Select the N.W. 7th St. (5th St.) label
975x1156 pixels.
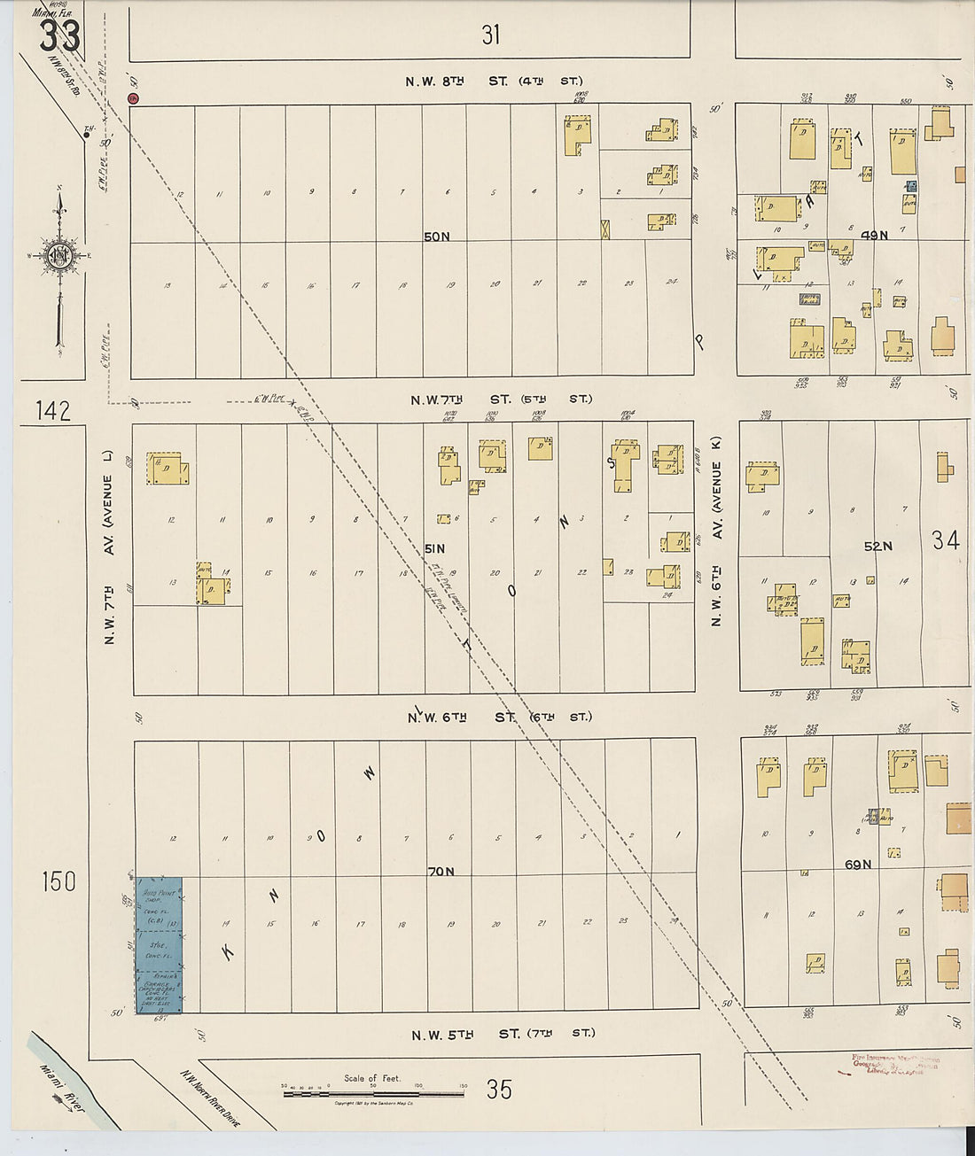coord(501,400)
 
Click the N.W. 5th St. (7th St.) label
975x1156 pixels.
coord(503,1034)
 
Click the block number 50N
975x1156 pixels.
coord(436,237)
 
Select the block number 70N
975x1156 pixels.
coord(441,872)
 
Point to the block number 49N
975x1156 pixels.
coord(874,235)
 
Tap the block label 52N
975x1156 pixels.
coord(877,547)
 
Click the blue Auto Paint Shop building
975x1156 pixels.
coord(159,943)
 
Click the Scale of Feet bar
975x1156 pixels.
coord(373,1095)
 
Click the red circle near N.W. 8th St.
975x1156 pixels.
coord(133,98)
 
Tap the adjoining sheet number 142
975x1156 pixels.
coord(53,411)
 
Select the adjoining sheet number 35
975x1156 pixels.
coord(499,1090)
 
